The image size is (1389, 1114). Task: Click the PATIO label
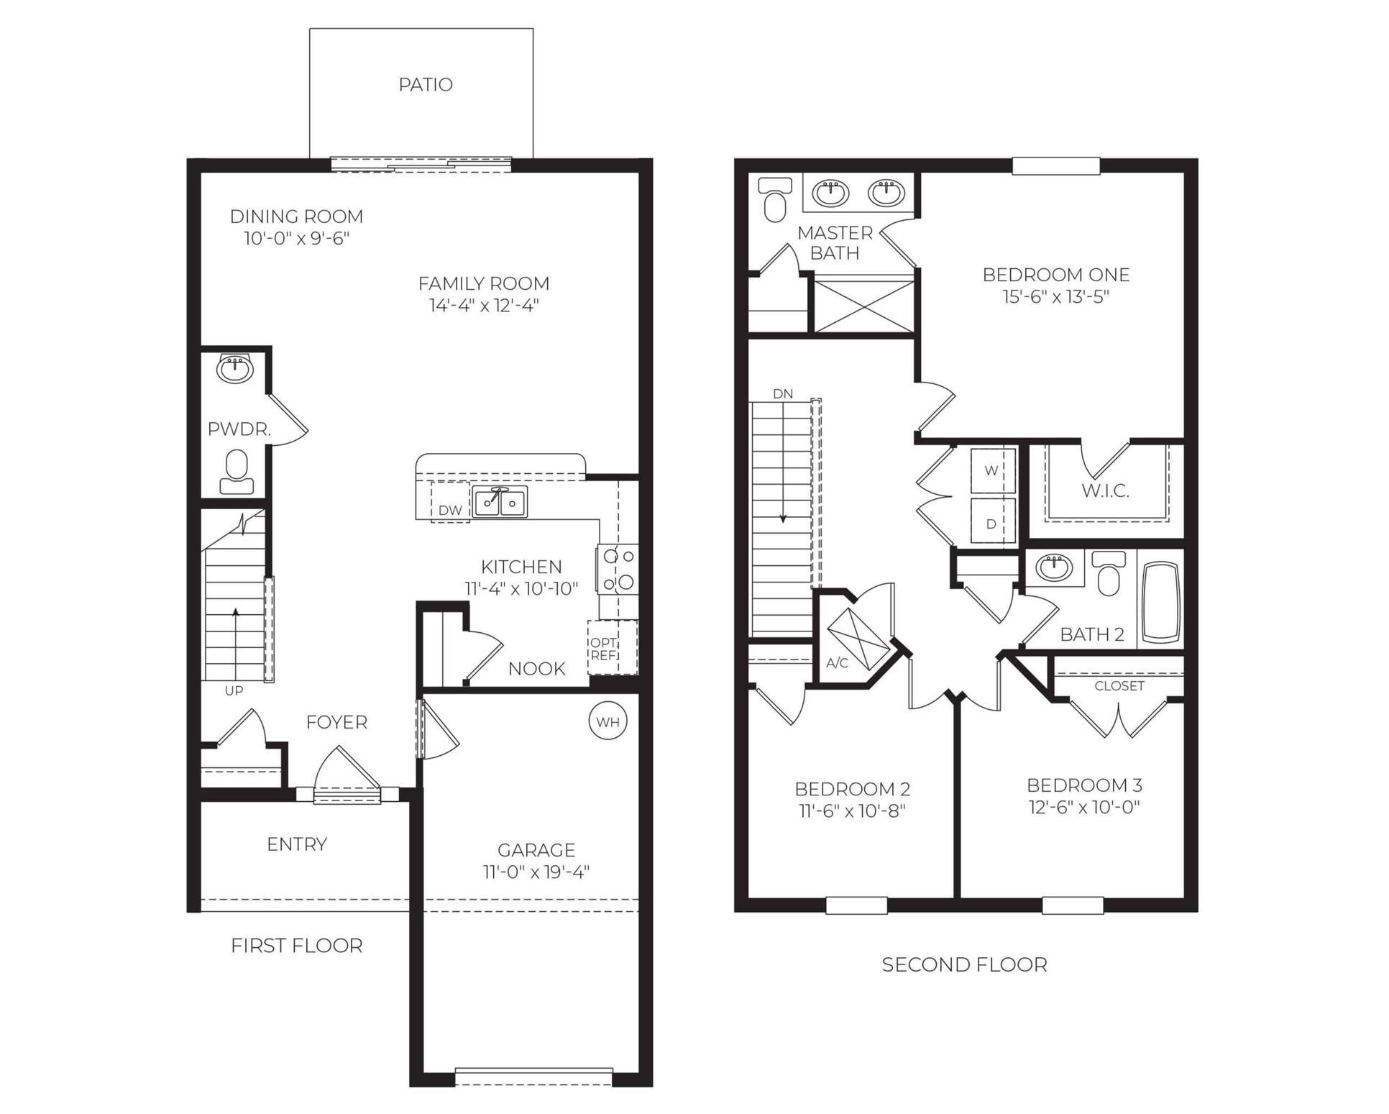[x=426, y=85]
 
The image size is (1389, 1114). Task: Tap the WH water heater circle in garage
[x=608, y=721]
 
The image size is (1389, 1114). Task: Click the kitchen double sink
[x=500, y=501]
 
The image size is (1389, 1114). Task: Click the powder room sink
[x=235, y=369]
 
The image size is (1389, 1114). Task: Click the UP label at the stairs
[x=234, y=691]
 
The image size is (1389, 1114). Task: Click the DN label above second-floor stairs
[x=782, y=394]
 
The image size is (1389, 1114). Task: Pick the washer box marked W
[x=992, y=470]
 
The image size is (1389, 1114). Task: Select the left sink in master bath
[x=830, y=193]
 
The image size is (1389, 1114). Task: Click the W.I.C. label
[x=1105, y=491]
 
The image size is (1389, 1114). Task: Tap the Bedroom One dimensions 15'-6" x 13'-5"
[x=1055, y=296]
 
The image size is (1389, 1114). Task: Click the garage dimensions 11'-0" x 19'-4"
[x=536, y=872]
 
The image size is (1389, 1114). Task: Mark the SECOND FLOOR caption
[x=964, y=964]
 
